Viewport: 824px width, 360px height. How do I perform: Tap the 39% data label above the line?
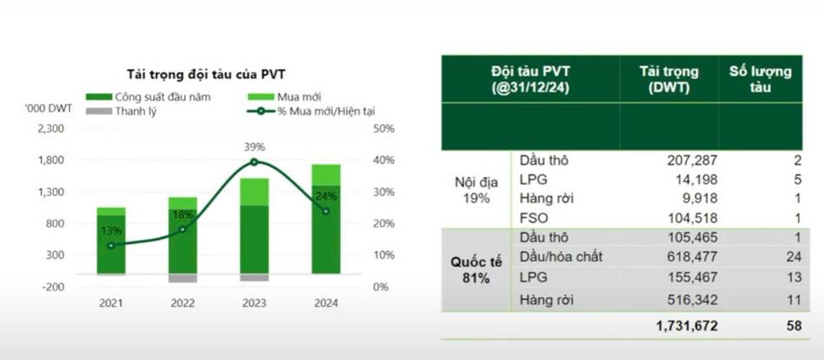pos(255,146)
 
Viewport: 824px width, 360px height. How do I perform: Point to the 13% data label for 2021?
pos(112,230)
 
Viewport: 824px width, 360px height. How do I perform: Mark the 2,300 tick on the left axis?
pos(52,128)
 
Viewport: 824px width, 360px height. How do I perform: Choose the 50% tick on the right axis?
pos(385,128)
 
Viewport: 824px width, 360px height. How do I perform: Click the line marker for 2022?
pos(183,229)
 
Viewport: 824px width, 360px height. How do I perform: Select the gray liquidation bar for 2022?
pos(183,278)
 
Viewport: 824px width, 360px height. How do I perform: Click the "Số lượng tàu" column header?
pos(759,79)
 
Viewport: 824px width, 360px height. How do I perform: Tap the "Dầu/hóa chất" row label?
pos(561,256)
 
